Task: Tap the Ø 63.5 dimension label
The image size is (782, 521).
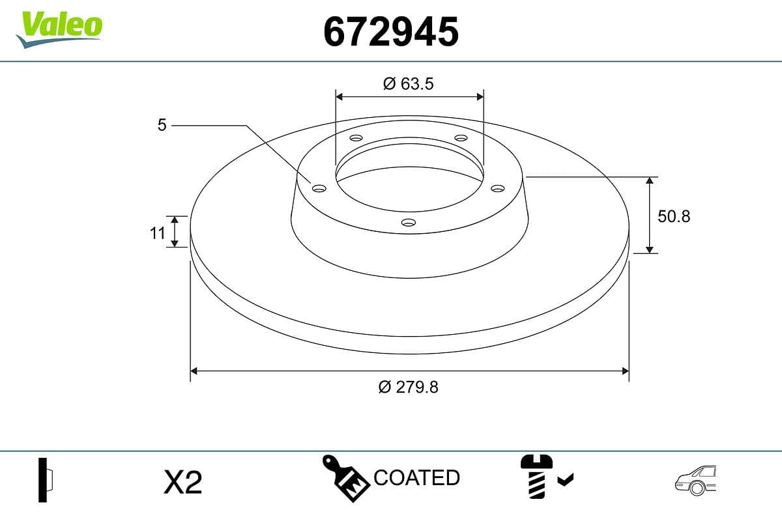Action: click(409, 83)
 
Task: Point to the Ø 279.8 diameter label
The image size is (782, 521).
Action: click(409, 387)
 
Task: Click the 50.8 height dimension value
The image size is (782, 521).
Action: click(673, 216)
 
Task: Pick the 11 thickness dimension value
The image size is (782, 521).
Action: click(158, 232)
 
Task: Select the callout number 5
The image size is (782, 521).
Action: click(162, 125)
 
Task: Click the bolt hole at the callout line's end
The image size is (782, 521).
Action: click(319, 188)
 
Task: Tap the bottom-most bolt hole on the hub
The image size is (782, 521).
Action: click(409, 223)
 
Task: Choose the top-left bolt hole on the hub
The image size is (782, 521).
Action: click(356, 138)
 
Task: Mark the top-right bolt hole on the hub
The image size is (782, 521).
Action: click(461, 138)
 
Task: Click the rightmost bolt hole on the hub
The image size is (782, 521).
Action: click(498, 188)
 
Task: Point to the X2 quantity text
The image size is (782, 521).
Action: click(183, 483)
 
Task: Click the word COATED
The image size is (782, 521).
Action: click(417, 478)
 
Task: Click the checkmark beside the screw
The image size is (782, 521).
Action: click(565, 481)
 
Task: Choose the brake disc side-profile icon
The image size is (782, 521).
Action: click(46, 480)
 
